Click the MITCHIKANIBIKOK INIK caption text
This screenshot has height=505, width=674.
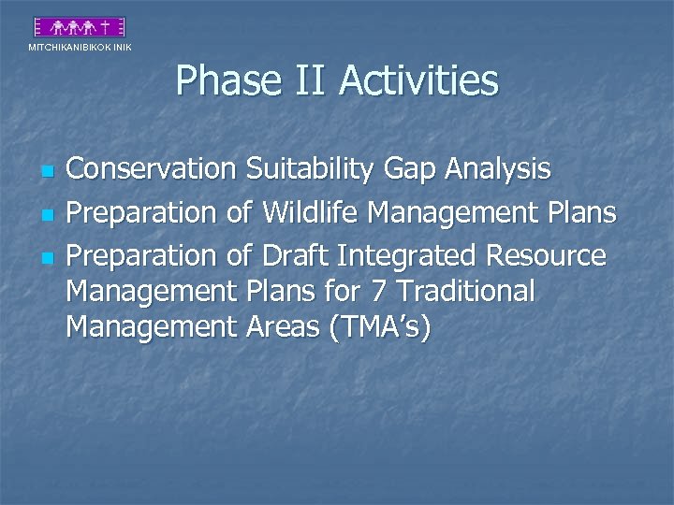pyautogui.click(x=80, y=47)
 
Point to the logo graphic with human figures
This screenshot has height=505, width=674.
pyautogui.click(x=79, y=28)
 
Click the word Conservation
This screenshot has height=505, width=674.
pyautogui.click(x=153, y=169)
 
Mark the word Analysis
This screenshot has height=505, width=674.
pyautogui.click(x=499, y=169)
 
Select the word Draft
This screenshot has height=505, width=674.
pyautogui.click(x=298, y=255)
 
